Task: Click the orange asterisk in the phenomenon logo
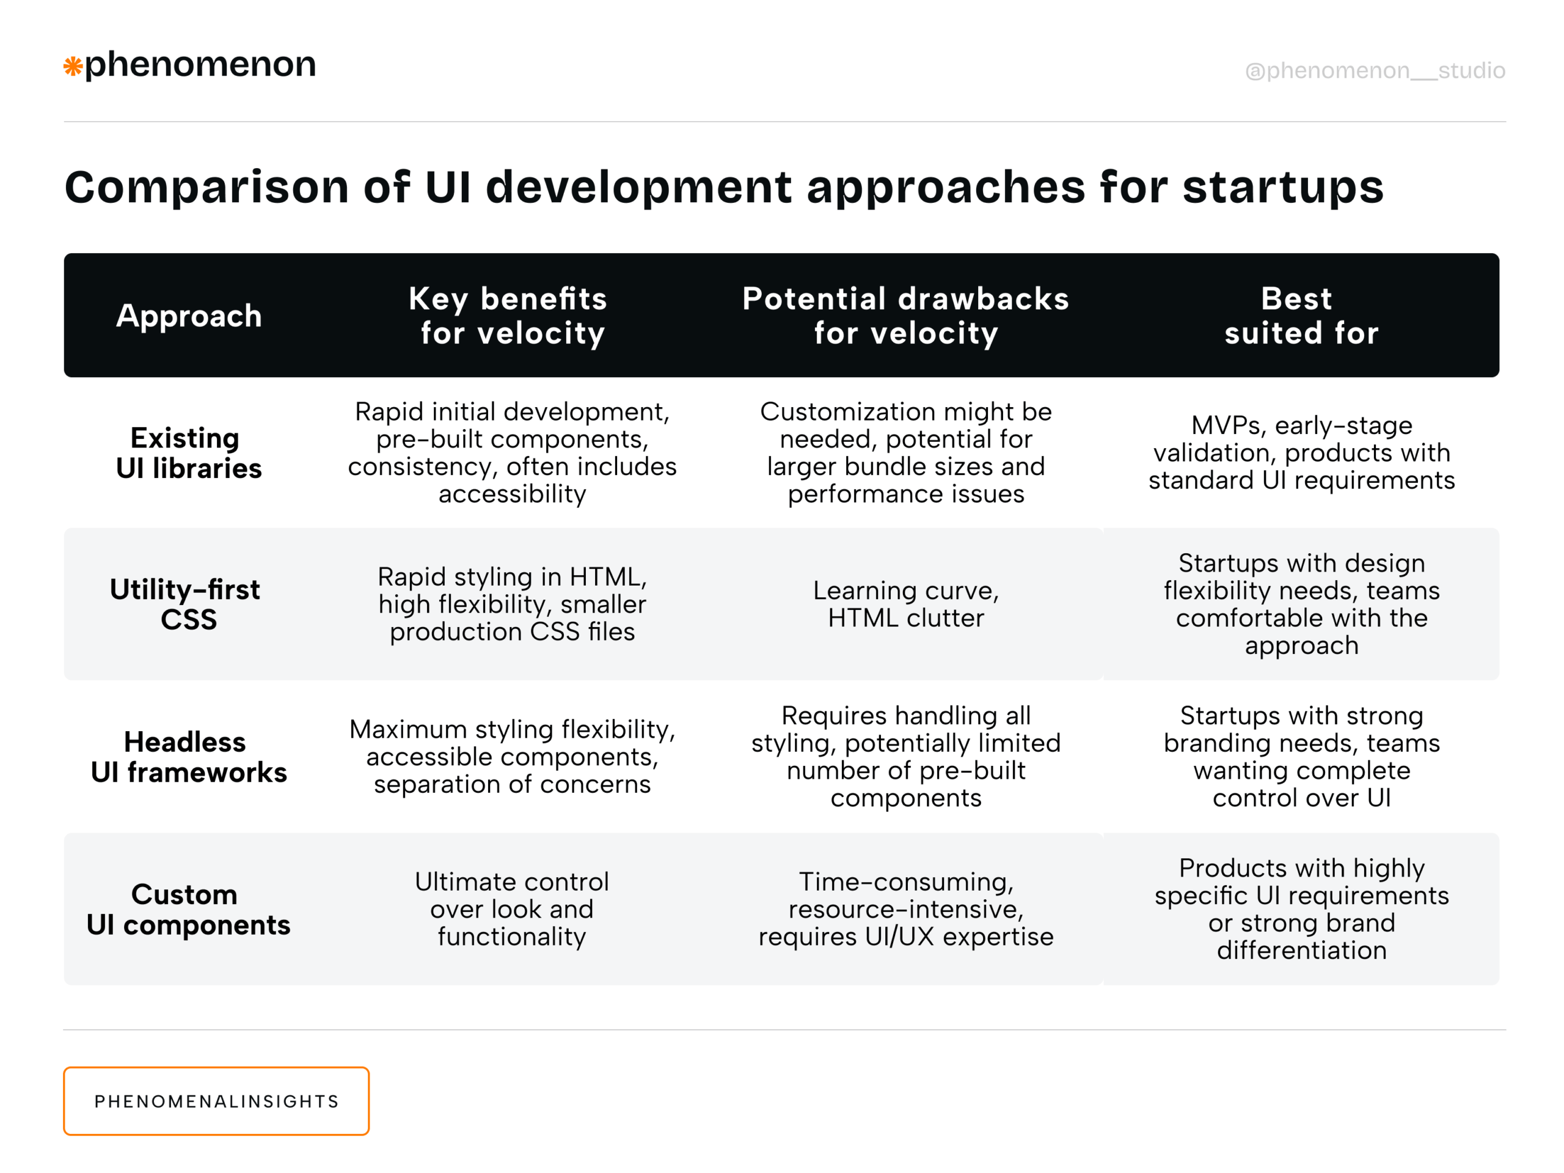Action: (x=73, y=67)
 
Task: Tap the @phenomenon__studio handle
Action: (x=1375, y=71)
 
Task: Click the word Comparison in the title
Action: (x=206, y=187)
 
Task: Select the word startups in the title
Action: (x=1282, y=187)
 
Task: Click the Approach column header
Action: (x=189, y=315)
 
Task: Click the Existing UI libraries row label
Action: (x=189, y=453)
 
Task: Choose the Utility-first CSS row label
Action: (x=185, y=603)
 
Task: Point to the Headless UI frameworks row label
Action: (x=189, y=756)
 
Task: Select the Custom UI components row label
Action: (x=189, y=909)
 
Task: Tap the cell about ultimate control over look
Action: (x=512, y=909)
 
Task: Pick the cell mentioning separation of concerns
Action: (x=512, y=756)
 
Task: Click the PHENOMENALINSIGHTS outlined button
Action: (x=216, y=1101)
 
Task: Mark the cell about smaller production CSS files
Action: (x=512, y=603)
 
